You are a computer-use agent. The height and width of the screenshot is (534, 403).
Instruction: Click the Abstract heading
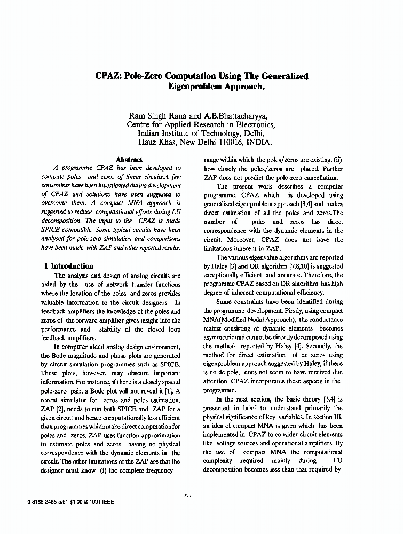[129, 159]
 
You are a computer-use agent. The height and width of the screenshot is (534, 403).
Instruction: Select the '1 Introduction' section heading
[69, 266]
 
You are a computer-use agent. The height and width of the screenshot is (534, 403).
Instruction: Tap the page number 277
[187, 496]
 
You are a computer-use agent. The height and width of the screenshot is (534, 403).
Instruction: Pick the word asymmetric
[223, 337]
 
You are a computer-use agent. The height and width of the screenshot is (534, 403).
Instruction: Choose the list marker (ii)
[338, 160]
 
